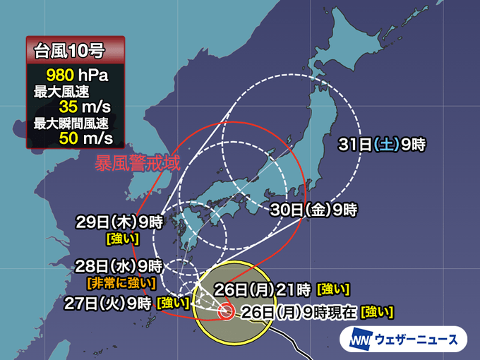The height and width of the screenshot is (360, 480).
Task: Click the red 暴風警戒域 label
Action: [138, 164]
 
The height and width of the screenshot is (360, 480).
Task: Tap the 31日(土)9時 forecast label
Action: [382, 145]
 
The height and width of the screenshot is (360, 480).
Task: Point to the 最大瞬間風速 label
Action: [68, 124]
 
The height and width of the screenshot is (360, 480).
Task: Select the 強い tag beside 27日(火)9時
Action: [173, 304]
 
